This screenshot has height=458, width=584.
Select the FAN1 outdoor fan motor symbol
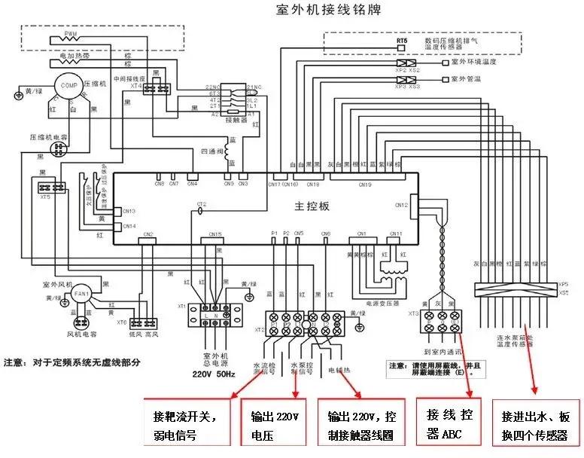[x=82, y=293]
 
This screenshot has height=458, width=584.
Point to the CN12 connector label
[x=400, y=204]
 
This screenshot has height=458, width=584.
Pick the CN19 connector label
[x=365, y=184]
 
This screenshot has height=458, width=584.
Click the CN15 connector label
[x=216, y=234]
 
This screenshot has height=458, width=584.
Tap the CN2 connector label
[x=148, y=234]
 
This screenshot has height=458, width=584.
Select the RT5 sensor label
[x=402, y=40]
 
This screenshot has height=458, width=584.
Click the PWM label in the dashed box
[x=70, y=35]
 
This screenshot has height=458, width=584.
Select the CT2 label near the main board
[x=201, y=204]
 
